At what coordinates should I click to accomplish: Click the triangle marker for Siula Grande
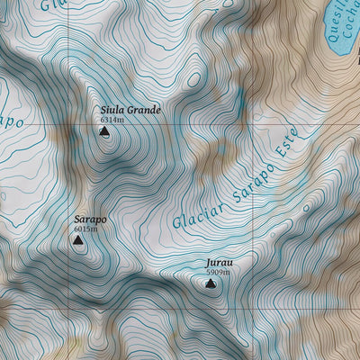tap(104, 132)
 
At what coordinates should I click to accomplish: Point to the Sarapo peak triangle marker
tap(80, 240)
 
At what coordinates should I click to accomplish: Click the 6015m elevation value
tap(85, 229)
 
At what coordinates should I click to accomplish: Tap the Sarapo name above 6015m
tap(90, 219)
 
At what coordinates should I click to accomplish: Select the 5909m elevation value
tap(218, 272)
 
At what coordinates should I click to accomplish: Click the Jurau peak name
tap(219, 263)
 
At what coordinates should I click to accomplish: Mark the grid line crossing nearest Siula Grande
tap(69, 124)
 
